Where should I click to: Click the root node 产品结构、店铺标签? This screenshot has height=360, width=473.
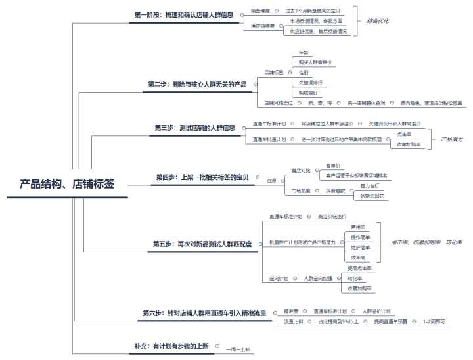point(67,185)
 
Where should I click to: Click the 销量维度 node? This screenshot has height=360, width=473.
point(261,11)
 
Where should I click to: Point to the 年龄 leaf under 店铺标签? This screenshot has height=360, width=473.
point(303,51)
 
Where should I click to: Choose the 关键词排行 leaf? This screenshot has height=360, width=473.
point(311,82)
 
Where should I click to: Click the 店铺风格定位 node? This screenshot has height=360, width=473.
point(277,103)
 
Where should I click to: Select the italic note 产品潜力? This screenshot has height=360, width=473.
point(451,139)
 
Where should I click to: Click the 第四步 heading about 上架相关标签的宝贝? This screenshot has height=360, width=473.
point(202,177)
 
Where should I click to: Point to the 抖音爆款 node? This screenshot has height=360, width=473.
point(336,191)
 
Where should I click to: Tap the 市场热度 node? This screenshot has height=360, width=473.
point(301,191)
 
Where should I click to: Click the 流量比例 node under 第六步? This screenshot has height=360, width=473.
point(293,321)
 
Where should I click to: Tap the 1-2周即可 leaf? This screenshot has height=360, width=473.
point(434,321)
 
